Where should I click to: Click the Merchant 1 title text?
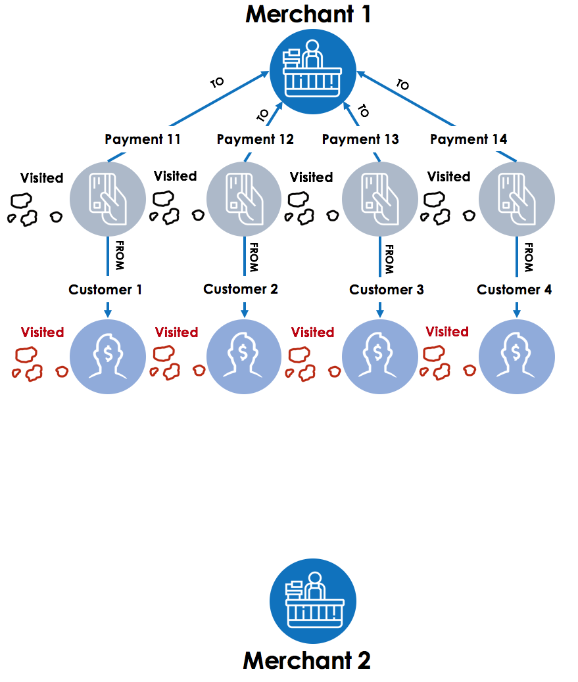(x=308, y=14)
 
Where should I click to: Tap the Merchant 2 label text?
(x=307, y=660)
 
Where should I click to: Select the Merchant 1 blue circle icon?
(x=313, y=72)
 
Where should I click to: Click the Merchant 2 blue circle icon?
(x=313, y=601)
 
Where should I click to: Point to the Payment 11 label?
(x=142, y=139)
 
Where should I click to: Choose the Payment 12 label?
(x=255, y=139)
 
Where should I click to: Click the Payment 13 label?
(x=360, y=139)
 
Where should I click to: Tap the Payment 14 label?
(x=468, y=139)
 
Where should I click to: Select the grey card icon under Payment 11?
(x=108, y=199)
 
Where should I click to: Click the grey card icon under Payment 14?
(x=517, y=199)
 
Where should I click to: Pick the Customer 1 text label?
(x=105, y=290)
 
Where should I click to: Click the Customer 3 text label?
(x=387, y=290)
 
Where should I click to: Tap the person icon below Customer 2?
(x=244, y=357)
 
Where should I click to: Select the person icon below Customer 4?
(x=517, y=357)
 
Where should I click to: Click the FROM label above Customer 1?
(x=120, y=256)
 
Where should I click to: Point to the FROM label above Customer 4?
(x=529, y=258)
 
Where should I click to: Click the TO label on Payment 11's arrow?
(x=217, y=82)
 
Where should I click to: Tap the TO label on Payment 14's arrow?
(x=403, y=84)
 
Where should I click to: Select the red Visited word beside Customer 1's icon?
(x=42, y=332)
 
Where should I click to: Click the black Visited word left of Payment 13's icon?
(x=311, y=177)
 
